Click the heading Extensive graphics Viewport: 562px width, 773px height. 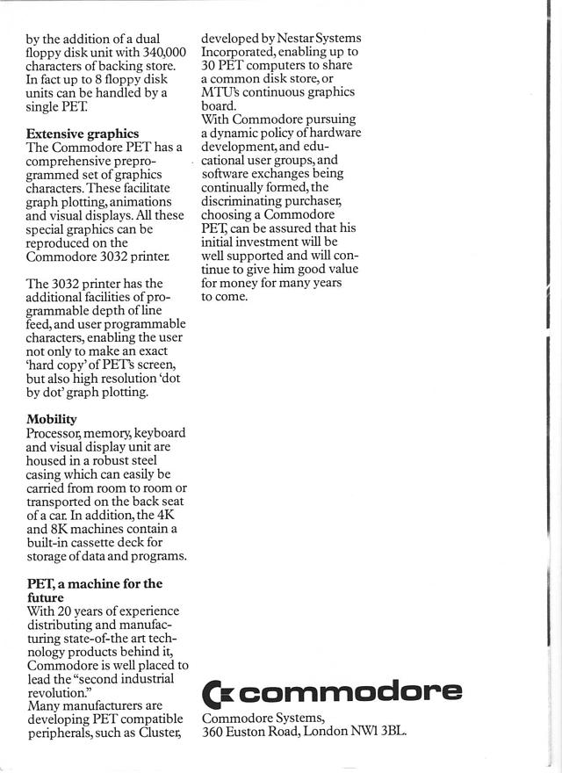(83, 134)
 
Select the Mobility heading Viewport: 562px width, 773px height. (52, 419)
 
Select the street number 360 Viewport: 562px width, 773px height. (213, 731)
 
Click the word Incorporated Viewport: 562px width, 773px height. (241, 52)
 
